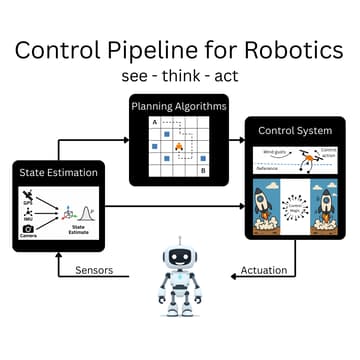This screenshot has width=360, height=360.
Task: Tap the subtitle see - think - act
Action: pos(180,76)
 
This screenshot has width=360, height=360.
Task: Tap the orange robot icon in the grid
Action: pos(180,147)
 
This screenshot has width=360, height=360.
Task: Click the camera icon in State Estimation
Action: pos(28,229)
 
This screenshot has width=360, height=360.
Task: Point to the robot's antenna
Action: pos(180,241)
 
